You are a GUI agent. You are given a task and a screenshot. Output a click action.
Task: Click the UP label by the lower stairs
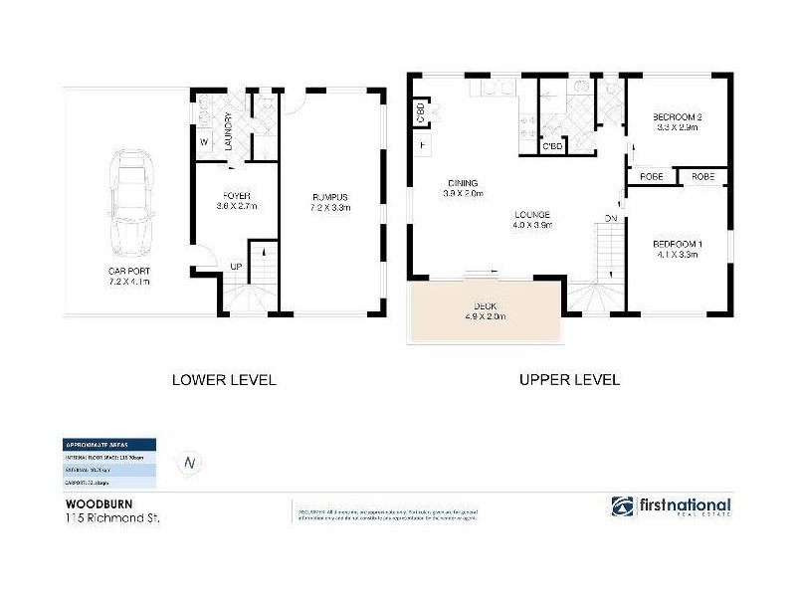235,267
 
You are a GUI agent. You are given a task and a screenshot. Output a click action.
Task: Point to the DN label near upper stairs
611,218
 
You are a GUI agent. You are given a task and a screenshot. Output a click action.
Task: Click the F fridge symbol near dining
422,146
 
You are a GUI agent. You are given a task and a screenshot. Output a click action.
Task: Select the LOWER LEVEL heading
223,380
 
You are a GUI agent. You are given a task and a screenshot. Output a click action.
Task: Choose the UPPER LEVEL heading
569,380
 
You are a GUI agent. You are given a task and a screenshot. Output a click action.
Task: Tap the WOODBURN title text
85,503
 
